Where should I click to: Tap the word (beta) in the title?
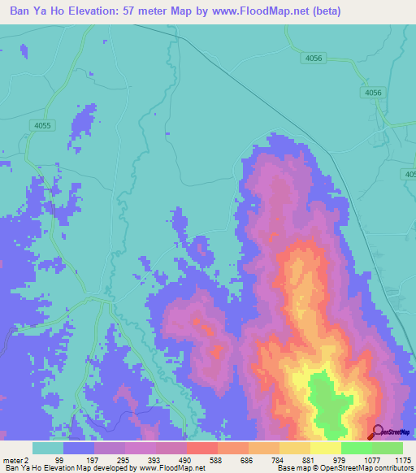(x=323, y=11)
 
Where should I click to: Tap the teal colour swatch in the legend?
(x=48, y=448)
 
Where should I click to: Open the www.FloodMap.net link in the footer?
(x=174, y=468)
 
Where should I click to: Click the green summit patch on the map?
(x=328, y=402)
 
